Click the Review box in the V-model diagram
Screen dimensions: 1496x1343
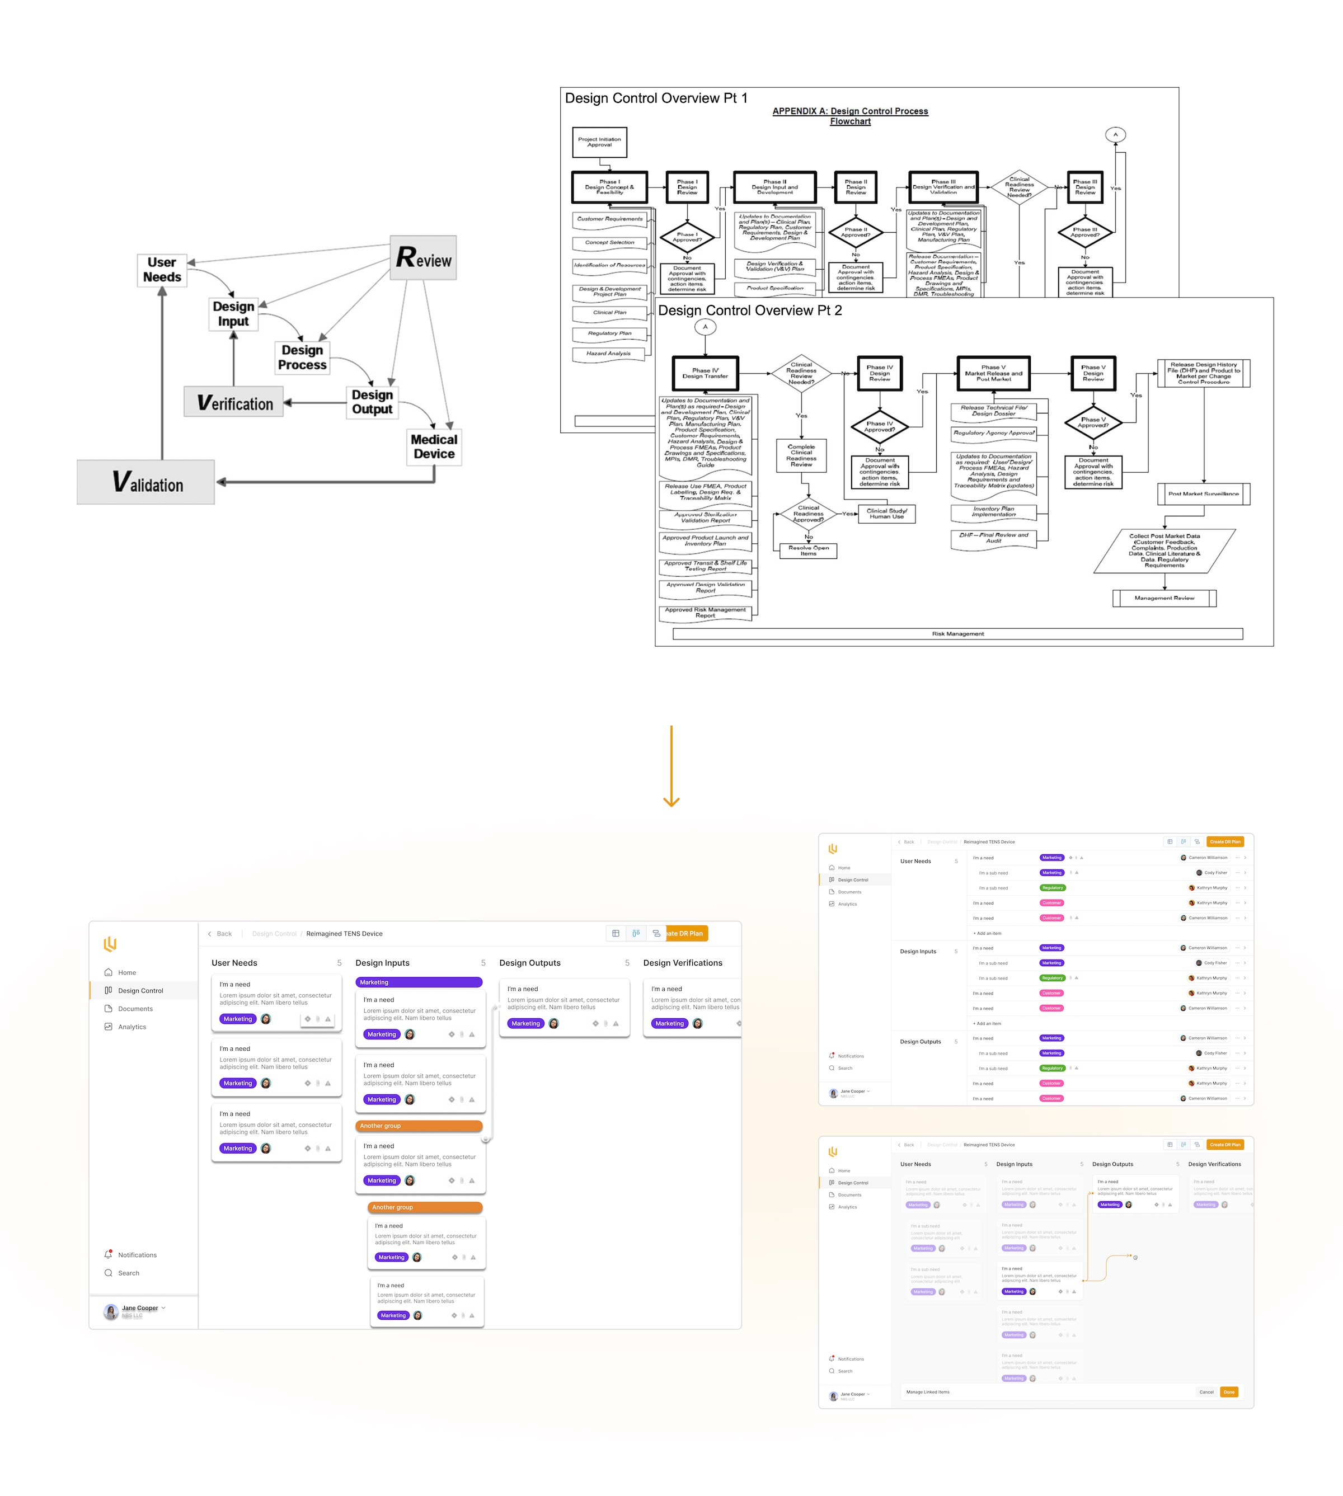point(423,257)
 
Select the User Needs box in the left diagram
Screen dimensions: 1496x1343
point(162,270)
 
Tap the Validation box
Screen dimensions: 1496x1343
point(146,482)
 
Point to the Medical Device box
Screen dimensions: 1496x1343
point(434,446)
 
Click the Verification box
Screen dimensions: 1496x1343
point(234,402)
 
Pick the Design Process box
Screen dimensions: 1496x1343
point(302,357)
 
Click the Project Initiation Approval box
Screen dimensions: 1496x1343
point(599,142)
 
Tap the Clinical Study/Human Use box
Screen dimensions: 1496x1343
point(886,514)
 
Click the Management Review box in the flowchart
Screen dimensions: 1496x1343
point(1164,598)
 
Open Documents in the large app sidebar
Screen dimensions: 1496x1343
point(135,1008)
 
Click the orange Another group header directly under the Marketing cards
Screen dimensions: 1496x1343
point(419,1126)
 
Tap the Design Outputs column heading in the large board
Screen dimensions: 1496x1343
point(530,963)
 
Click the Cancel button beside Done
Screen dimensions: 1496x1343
point(1206,1392)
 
